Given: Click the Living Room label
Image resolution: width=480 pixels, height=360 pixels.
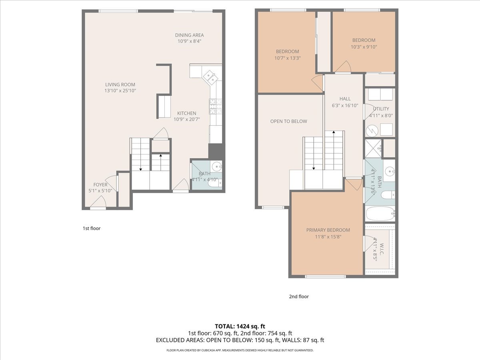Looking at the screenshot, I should [x=120, y=84].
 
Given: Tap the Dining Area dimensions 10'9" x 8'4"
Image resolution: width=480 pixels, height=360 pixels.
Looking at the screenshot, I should [x=189, y=41].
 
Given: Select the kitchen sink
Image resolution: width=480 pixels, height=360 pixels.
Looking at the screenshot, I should [x=210, y=77].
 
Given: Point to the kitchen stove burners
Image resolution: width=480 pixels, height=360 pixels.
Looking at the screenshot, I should [x=215, y=106].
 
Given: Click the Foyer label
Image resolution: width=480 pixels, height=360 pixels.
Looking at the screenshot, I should [x=100, y=185].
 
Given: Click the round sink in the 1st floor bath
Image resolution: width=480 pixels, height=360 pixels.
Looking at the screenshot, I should [x=216, y=166].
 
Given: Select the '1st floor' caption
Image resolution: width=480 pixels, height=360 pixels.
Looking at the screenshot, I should [x=91, y=228].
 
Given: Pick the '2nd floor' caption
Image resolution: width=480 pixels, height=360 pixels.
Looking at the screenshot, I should [x=299, y=296].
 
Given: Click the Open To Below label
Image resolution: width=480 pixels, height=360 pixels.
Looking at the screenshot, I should [x=288, y=121].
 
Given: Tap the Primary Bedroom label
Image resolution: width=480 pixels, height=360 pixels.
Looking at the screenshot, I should [x=328, y=230].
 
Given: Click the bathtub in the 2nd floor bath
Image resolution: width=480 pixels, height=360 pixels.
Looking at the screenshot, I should [x=380, y=214].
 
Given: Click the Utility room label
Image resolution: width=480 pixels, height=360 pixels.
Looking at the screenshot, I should [x=381, y=109].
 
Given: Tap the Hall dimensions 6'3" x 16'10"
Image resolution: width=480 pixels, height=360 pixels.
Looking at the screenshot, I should [x=345, y=106].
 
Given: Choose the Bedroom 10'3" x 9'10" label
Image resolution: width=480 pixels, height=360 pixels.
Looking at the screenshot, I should [x=364, y=40].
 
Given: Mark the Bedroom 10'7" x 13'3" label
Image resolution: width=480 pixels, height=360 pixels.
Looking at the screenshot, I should [x=287, y=52].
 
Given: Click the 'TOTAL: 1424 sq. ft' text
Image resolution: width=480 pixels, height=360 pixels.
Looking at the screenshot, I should [x=240, y=326].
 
